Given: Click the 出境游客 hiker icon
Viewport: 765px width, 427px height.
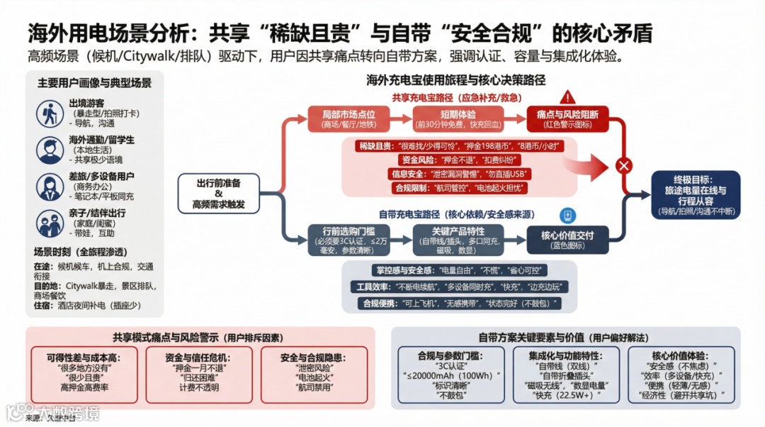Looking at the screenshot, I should pyautogui.click(x=50, y=113).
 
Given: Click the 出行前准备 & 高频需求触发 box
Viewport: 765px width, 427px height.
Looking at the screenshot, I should pyautogui.click(x=218, y=194).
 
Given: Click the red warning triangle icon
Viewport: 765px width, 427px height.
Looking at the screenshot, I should pyautogui.click(x=567, y=97).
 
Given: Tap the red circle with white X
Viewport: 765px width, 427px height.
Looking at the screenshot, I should pyautogui.click(x=624, y=166).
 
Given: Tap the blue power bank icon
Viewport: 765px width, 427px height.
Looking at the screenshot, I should pyautogui.click(x=567, y=216).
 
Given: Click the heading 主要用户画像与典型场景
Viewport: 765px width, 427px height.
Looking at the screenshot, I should pyautogui.click(x=94, y=83).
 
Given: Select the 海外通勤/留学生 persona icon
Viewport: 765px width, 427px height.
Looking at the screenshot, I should pyautogui.click(x=50, y=149).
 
